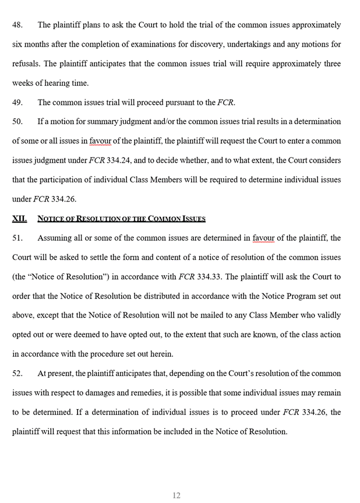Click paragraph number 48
(17, 26)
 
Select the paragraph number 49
(17, 103)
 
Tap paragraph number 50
(17, 122)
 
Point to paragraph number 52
(17, 374)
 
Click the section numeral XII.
(19, 219)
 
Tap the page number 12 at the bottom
(177, 495)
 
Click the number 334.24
(124, 160)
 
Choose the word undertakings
(257, 45)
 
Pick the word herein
(162, 354)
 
